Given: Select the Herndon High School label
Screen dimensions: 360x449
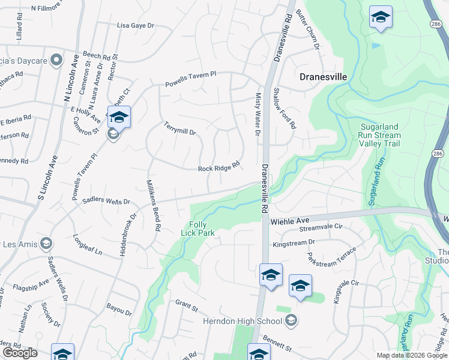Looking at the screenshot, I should click(252, 321).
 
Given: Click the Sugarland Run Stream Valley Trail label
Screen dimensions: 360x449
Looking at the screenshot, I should click(380, 135).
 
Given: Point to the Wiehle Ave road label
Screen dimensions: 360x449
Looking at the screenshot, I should click(289, 221).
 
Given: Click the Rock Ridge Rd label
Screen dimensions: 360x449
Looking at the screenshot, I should click(219, 166).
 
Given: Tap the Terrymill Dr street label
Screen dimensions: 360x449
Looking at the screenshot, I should click(180, 128).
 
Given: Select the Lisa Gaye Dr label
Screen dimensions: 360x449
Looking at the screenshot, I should click(136, 26).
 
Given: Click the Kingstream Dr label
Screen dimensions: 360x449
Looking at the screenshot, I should click(294, 243).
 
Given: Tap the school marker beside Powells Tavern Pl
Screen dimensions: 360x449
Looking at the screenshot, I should click(119, 118).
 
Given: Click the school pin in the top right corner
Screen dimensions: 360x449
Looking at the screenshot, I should click(380, 17).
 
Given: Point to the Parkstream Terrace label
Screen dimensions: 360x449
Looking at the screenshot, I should click(331, 257).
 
